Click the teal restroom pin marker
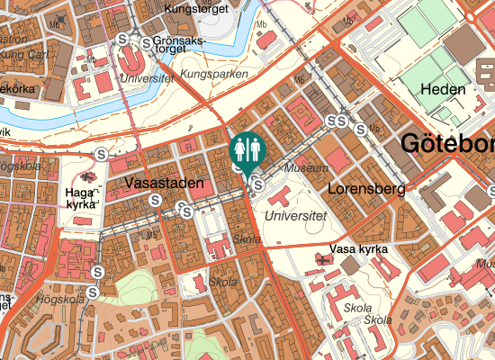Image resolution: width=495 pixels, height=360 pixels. point(247,150)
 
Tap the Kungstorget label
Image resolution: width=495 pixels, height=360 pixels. point(197,10)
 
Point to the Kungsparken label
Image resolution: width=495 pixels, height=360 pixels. point(214,74)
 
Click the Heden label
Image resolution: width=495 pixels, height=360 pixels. point(443,90)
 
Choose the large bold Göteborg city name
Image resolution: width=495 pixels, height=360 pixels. point(445,144)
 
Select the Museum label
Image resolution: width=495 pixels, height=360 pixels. point(301,168)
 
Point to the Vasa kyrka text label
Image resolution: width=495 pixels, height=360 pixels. point(359,248)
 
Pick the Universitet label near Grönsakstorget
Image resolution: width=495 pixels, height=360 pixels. point(146,78)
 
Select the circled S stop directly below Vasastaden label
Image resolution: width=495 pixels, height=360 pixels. point(156,200)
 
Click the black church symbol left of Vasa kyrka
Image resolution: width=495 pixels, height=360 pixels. point(321,259)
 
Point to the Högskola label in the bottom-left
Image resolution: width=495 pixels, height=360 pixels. point(59,300)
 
